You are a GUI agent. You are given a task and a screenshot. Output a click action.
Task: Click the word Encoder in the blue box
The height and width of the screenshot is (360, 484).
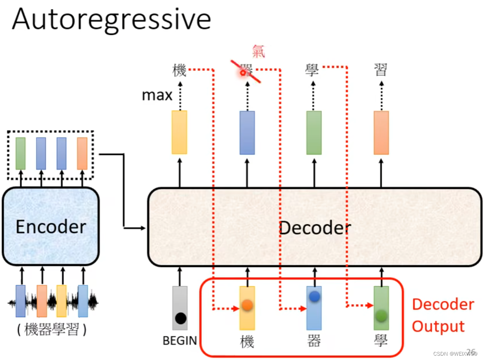point(51,227)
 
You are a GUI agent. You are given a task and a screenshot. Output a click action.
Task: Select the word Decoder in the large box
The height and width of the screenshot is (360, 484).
point(315,227)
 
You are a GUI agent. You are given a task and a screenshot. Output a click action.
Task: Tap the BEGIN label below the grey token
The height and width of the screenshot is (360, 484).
point(180,341)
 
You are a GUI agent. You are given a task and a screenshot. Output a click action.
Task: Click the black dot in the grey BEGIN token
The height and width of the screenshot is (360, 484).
point(181,318)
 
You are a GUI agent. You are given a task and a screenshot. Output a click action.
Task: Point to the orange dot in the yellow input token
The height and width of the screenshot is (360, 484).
point(247,305)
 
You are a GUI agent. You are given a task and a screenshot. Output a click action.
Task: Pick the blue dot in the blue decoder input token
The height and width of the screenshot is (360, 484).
point(314,296)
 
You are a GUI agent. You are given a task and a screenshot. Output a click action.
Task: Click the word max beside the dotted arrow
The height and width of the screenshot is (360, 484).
point(157,95)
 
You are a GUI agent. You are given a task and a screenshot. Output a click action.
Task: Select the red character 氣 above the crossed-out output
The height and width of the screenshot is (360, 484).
point(258,51)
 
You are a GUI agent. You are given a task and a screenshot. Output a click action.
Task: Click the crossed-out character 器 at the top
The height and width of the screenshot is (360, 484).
point(246,70)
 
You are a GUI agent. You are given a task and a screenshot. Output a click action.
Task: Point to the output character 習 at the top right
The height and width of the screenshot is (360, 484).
point(381,70)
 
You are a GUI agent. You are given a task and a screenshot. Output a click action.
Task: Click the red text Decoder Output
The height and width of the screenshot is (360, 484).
point(443,315)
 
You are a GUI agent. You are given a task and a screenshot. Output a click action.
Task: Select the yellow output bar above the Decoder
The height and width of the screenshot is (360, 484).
point(179,132)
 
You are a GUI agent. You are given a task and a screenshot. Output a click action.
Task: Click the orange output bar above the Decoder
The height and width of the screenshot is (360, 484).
point(381,133)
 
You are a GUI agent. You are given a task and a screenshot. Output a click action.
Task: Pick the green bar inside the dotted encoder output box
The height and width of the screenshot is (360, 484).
point(21,153)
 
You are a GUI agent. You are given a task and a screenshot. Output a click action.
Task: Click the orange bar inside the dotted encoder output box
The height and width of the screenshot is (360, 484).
point(82,153)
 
